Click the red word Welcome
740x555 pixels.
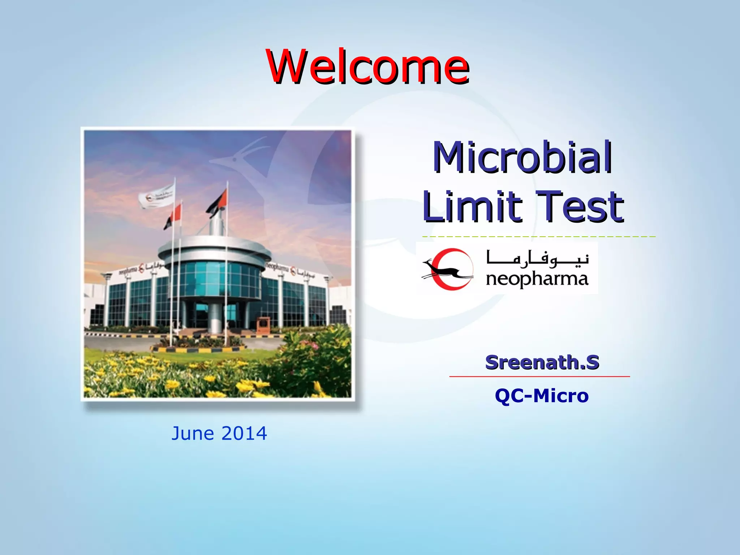(x=367, y=67)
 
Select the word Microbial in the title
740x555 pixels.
(x=522, y=158)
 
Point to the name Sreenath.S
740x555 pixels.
(x=542, y=362)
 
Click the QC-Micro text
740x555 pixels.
(x=542, y=396)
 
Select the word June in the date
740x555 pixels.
(x=193, y=433)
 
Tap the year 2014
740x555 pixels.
(x=244, y=433)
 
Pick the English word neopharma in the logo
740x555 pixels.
(x=537, y=279)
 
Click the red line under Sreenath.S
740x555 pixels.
(x=539, y=377)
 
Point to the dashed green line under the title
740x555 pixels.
(x=538, y=237)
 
